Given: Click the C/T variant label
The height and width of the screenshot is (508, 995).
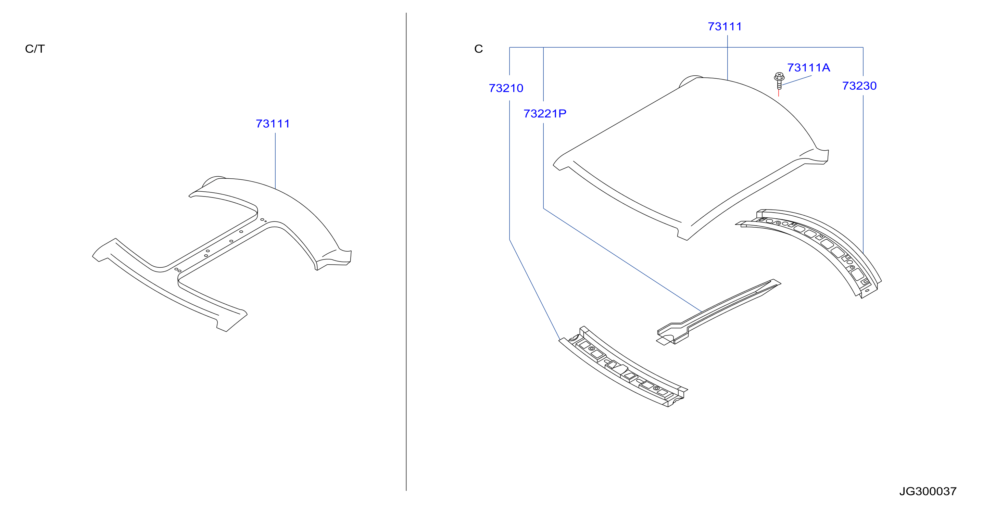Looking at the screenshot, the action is [x=35, y=49].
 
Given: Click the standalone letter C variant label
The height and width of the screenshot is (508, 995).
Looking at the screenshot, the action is [x=479, y=49].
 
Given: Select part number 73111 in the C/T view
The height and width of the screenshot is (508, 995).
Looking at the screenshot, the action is [x=273, y=124].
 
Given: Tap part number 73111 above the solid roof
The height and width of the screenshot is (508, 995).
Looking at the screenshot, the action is [x=725, y=27].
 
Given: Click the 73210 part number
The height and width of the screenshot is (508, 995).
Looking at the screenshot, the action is [x=506, y=88].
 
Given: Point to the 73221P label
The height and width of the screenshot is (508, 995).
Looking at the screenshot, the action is [x=545, y=114].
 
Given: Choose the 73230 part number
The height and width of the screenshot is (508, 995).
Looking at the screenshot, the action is [x=859, y=86].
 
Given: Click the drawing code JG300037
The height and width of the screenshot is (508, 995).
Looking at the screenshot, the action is [x=928, y=491].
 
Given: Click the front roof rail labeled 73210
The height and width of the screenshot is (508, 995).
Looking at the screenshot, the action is [x=623, y=367].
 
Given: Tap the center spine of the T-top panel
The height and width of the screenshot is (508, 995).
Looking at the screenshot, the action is [x=218, y=247].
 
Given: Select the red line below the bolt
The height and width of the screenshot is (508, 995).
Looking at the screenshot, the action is [x=779, y=93].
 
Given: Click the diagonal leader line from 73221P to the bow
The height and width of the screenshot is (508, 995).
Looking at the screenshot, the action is [x=623, y=260].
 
